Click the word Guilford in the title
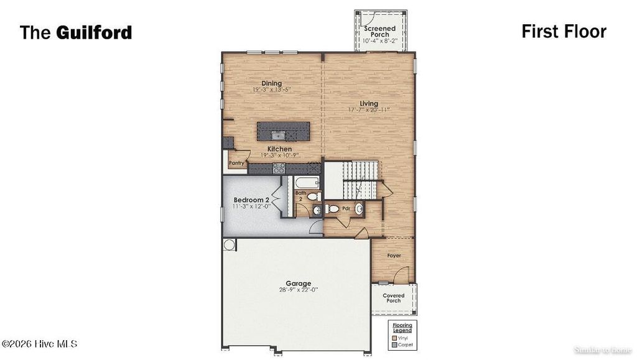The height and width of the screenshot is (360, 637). click(94, 32)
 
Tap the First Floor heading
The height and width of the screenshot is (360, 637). click(564, 31)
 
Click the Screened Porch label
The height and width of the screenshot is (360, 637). click(379, 31)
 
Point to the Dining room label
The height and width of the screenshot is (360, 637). click(271, 83)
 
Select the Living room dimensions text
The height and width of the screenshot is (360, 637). click(369, 110)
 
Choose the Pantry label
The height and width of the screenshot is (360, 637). click(236, 163)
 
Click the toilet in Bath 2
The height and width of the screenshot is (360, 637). click(313, 196)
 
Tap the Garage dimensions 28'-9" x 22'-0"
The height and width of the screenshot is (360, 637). click(299, 290)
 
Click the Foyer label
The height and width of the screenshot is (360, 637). click(394, 256)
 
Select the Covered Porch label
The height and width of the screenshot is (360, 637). click(393, 298)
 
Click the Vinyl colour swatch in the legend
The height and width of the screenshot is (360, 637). click(394, 338)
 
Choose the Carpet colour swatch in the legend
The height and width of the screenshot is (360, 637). click(394, 344)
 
